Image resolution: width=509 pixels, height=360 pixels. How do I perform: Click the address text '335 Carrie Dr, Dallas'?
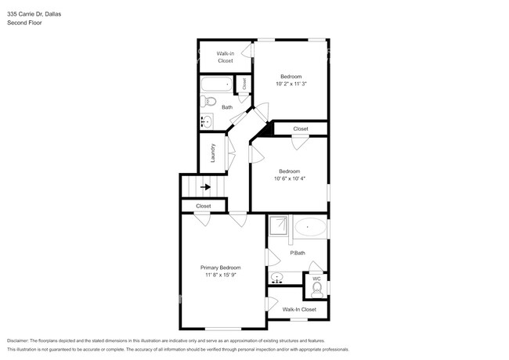pyautogui.click(x=34, y=13)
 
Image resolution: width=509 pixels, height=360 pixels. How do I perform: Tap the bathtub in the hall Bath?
pyautogui.click(x=215, y=84)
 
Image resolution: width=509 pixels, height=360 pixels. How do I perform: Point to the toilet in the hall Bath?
pyautogui.click(x=208, y=102)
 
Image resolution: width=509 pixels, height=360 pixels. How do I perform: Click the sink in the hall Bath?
pyautogui.click(x=206, y=121)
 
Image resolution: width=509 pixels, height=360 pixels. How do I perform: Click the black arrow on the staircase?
pyautogui.click(x=206, y=187)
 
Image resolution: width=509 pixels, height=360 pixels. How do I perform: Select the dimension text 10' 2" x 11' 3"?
pyautogui.click(x=291, y=84)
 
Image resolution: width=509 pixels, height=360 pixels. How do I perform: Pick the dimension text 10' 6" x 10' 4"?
pyautogui.click(x=289, y=178)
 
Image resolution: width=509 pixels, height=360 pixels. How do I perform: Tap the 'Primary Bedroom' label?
pyautogui.click(x=220, y=268)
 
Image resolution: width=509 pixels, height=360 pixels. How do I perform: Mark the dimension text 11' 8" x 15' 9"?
pyautogui.click(x=220, y=275)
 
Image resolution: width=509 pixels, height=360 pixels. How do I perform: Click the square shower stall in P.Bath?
pyautogui.click(x=280, y=227)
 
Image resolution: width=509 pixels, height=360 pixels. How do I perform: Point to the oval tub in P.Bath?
pyautogui.click(x=310, y=228)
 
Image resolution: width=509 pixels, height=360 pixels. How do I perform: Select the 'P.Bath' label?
pyautogui.click(x=298, y=253)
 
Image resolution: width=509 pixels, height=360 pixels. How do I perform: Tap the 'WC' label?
pyautogui.click(x=316, y=279)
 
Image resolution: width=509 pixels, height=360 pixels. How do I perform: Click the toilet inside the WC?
pyautogui.click(x=317, y=290)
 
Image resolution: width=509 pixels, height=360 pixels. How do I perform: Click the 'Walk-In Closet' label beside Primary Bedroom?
pyautogui.click(x=299, y=310)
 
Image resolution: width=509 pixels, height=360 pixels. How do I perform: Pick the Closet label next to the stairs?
pyautogui.click(x=204, y=206)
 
